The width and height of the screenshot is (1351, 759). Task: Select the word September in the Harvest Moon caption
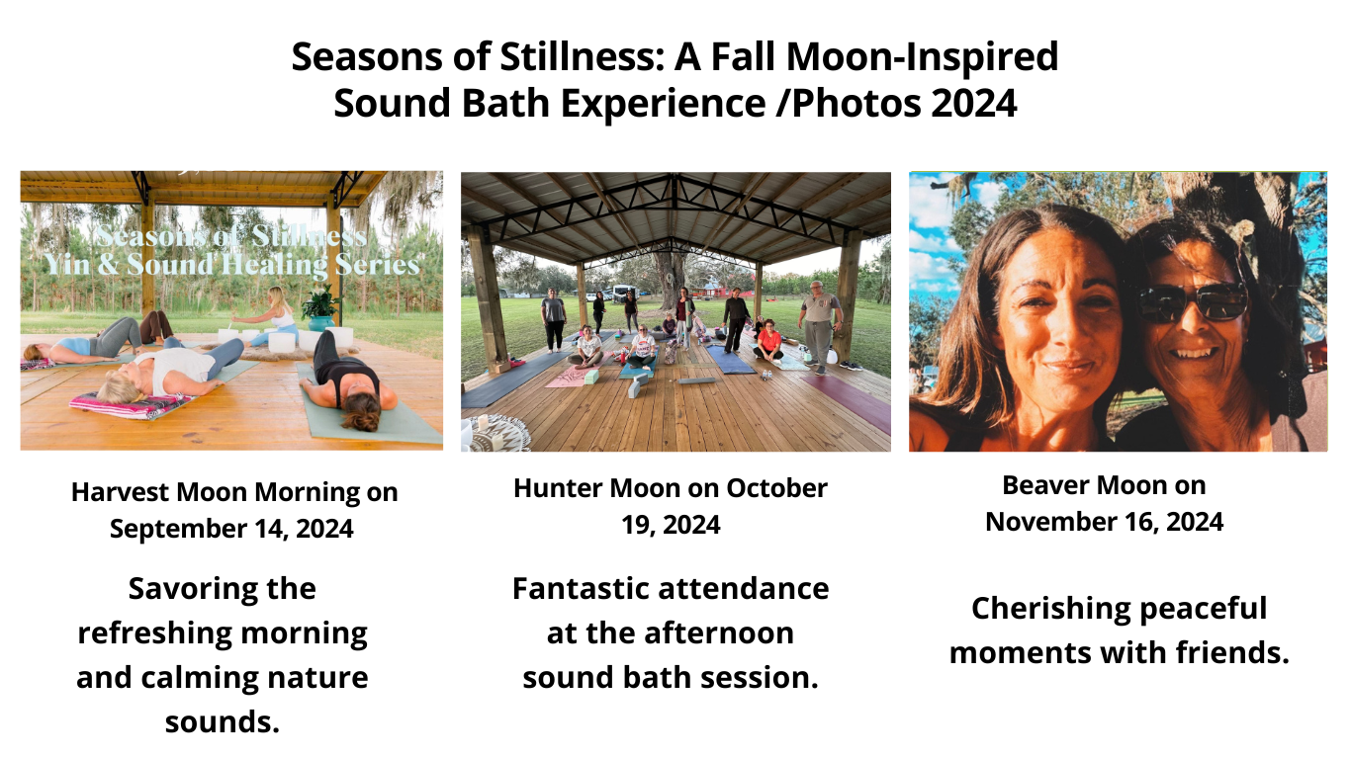(x=179, y=530)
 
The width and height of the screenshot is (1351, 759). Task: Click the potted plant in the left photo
(x=319, y=308)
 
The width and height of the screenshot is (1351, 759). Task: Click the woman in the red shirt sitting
(x=767, y=341)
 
